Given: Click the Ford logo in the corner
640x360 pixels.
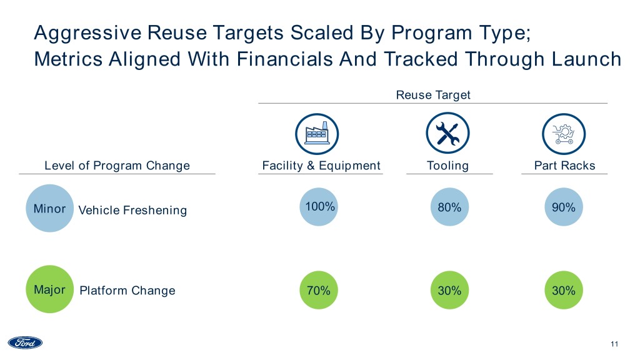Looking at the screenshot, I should coord(25,342).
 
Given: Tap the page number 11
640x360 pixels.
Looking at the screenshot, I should coord(614,344).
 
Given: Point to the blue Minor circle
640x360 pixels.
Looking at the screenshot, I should coord(49,209).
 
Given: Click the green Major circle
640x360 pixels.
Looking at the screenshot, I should coord(49,290).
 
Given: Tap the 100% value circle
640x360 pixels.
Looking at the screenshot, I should coord(320,207).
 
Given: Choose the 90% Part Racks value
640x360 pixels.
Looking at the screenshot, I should coord(563,207).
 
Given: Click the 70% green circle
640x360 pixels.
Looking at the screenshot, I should coord(319,290).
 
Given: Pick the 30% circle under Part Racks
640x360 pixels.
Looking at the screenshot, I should coord(563,290).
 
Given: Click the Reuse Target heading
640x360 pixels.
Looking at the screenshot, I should coord(432,94).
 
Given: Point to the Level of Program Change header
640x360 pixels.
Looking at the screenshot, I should coord(117,166).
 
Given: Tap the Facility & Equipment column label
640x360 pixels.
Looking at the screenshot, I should coord(321,166).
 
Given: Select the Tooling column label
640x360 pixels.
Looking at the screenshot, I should coord(447,166).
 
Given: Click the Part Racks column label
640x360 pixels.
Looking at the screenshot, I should coord(564,166).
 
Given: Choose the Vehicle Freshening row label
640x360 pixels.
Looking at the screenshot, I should coord(132,210).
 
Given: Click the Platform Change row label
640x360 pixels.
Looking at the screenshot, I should coord(127,291).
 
